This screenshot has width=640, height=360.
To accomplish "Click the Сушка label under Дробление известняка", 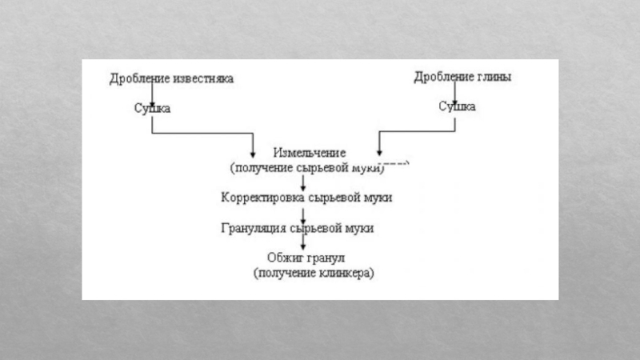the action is click(x=152, y=108).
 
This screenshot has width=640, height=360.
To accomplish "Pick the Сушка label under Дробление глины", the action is click(x=457, y=106).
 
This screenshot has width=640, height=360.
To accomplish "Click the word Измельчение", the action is click(x=310, y=153).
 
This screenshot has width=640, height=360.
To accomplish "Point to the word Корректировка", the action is click(x=262, y=198).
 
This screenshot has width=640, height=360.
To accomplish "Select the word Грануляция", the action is click(x=254, y=228).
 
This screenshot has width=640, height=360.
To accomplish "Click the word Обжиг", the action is click(x=285, y=258).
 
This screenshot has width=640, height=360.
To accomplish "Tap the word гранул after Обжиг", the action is click(x=326, y=258).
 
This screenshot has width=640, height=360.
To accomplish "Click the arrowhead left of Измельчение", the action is click(x=253, y=154).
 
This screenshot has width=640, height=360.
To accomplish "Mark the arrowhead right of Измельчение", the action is click(x=379, y=153).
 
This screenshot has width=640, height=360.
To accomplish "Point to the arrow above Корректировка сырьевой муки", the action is click(x=303, y=183).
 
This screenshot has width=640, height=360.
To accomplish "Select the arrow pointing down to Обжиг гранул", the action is click(x=303, y=242).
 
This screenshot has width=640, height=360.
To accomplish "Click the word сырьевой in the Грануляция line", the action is click(x=316, y=228).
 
